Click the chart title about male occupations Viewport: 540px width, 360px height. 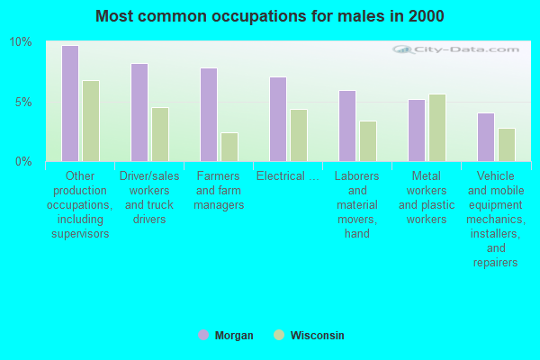[270, 16]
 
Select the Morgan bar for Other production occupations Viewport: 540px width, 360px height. [70, 103]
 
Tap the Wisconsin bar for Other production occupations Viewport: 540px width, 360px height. [91, 121]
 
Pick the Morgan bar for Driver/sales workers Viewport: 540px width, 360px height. [139, 112]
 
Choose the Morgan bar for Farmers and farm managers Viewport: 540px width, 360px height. [209, 114]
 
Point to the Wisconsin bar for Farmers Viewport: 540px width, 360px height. [229, 147]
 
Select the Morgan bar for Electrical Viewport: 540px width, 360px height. [278, 119]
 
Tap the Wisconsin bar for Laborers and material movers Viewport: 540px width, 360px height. [368, 141]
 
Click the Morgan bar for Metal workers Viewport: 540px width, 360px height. [417, 130]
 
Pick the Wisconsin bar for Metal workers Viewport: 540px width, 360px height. [437, 128]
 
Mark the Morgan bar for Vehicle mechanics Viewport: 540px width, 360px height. [486, 137]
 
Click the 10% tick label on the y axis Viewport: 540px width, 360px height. [21, 42]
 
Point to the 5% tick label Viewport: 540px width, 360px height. [23, 102]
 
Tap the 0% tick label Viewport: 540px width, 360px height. [23, 162]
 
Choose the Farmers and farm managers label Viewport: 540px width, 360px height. [219, 191]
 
